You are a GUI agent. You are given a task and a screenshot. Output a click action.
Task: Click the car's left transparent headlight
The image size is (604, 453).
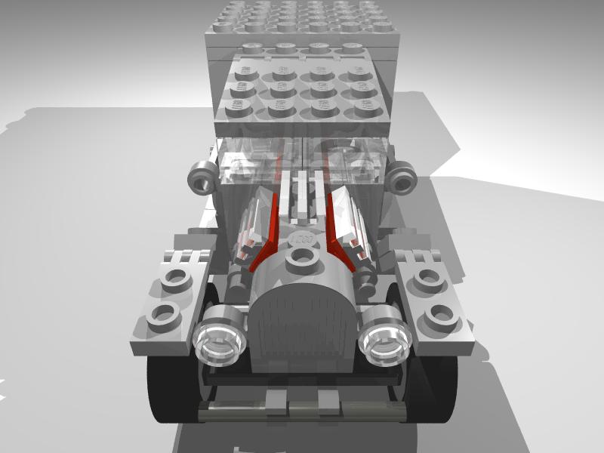(220, 337)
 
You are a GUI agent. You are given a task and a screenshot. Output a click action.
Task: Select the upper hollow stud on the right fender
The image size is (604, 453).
(428, 280)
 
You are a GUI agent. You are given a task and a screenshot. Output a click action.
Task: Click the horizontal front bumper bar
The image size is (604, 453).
(302, 412)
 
